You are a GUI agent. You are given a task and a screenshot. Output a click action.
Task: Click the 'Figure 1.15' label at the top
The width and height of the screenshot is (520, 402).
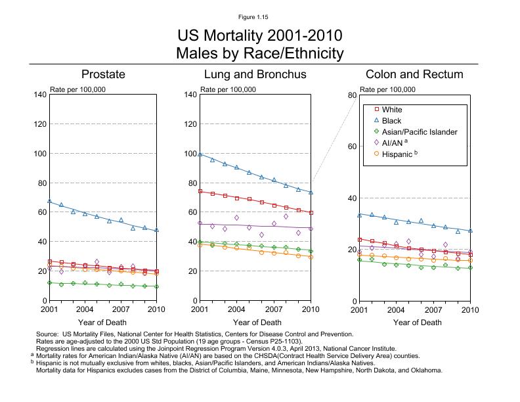pyautogui.click(x=260, y=16)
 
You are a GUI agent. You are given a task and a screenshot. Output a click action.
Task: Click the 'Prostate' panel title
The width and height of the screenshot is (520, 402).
pyautogui.click(x=103, y=74)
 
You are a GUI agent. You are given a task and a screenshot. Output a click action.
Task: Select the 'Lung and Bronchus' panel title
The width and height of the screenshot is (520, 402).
pyautogui.click(x=255, y=74)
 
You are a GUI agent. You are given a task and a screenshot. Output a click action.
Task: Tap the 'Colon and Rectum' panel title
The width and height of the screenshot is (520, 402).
pyautogui.click(x=414, y=74)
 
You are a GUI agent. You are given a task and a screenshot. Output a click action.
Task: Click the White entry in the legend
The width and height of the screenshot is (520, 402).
pyautogui.click(x=392, y=110)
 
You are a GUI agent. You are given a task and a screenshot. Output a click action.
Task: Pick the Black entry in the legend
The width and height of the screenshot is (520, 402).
pyautogui.click(x=392, y=121)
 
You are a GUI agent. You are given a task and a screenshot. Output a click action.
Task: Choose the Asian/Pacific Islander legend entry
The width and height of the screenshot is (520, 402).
pyautogui.click(x=420, y=132)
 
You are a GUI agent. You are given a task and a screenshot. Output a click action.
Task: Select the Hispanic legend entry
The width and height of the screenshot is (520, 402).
pyautogui.click(x=397, y=154)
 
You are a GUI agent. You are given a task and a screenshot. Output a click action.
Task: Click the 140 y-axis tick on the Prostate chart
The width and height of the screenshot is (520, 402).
pyautogui.click(x=39, y=95)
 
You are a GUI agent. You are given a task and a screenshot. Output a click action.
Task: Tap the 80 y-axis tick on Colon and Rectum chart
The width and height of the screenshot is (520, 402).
pyautogui.click(x=352, y=95)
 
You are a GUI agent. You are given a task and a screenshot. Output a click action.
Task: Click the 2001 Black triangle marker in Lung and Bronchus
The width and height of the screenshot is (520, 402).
pyautogui.click(x=200, y=154)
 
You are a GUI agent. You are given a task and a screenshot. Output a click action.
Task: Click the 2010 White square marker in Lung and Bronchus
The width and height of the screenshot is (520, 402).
pyautogui.click(x=311, y=213)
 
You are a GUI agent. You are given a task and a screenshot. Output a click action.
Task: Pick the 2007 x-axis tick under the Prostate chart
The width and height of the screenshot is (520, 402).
pyautogui.click(x=121, y=309)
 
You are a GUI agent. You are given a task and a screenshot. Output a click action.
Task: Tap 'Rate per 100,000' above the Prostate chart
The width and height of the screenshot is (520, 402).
pyautogui.click(x=78, y=89)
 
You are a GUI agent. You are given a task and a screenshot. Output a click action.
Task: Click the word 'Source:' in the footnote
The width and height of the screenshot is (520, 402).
pyautogui.click(x=49, y=334)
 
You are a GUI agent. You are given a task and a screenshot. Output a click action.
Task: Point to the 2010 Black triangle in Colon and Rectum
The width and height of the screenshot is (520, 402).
pyautogui.click(x=470, y=231)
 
